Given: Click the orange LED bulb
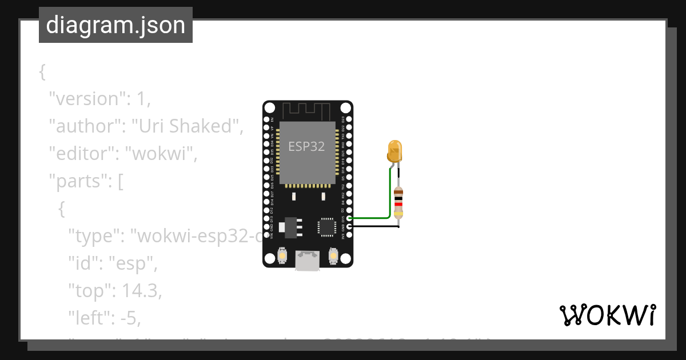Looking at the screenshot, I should [x=395, y=151].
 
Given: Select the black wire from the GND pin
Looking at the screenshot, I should [x=374, y=227].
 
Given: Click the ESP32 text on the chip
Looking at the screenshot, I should [x=306, y=146].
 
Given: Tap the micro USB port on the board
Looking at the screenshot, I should [x=308, y=261].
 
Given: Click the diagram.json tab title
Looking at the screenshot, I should [x=115, y=26].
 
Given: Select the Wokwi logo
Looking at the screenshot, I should [x=607, y=315].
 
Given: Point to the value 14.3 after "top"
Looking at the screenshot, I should [x=140, y=291].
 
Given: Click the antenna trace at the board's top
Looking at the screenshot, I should [x=308, y=109].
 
